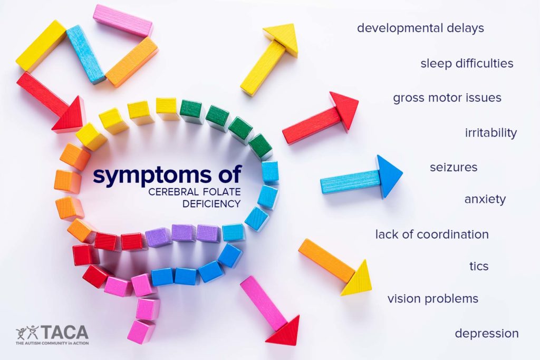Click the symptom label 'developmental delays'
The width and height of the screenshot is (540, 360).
[x=420, y=28]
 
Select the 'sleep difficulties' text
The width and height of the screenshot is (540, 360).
[x=467, y=63]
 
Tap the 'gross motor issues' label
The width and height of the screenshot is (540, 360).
[x=447, y=98]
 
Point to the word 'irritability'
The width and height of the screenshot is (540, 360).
[x=490, y=132]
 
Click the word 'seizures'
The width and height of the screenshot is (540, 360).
[x=454, y=167]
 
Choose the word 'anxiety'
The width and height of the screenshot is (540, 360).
[x=485, y=199]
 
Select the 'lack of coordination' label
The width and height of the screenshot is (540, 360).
[x=432, y=234]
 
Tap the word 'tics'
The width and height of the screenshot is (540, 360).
[x=479, y=266]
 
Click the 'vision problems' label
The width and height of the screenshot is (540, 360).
[x=433, y=299]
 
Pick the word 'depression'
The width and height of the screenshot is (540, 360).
[x=487, y=334]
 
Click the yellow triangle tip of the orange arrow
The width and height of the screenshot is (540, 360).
[x=357, y=280]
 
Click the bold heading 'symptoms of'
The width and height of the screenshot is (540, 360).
[x=167, y=175]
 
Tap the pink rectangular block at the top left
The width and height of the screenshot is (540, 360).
[x=123, y=21]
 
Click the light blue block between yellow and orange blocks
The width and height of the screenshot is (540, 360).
[x=85, y=54]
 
